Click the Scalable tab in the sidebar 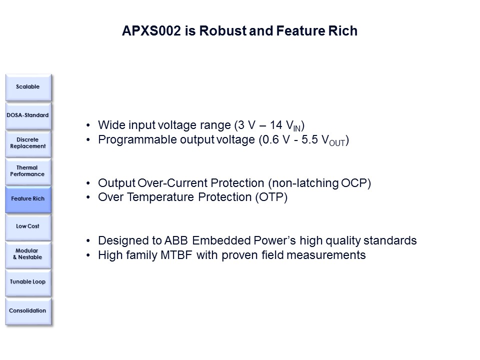click(x=28, y=87)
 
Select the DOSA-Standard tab click(x=28, y=115)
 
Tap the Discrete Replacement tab click(x=28, y=143)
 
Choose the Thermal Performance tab click(x=28, y=171)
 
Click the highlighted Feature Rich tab click(x=28, y=199)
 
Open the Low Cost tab click(x=28, y=227)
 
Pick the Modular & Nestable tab click(x=28, y=254)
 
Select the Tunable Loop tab click(x=28, y=282)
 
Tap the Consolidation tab click(x=28, y=311)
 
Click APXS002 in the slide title click(x=151, y=31)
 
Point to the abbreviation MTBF click(x=176, y=255)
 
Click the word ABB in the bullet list click(x=176, y=241)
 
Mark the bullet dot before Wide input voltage click(x=88, y=125)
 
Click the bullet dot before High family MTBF click(x=88, y=255)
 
